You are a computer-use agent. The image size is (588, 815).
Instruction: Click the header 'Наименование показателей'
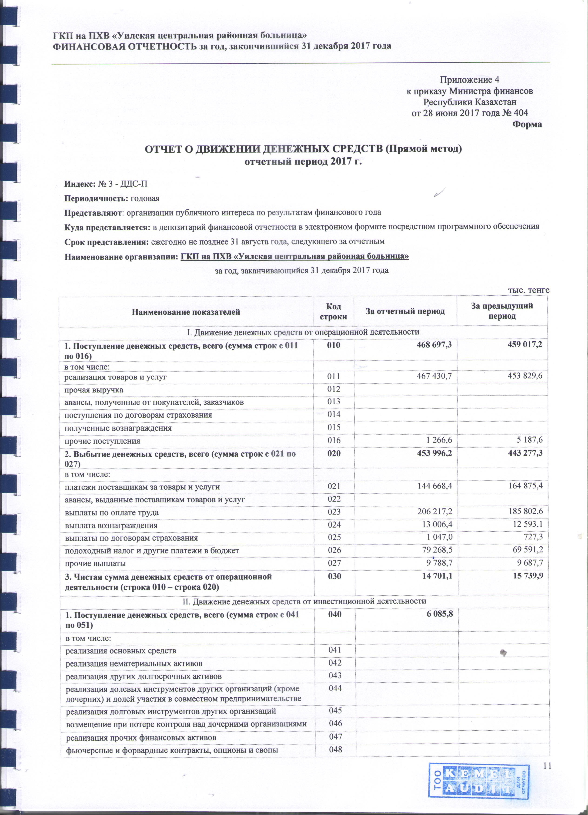[x=186, y=312]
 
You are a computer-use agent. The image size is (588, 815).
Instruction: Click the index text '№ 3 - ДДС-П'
[x=122, y=184]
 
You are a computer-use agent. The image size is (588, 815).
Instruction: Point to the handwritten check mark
[x=439, y=192]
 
